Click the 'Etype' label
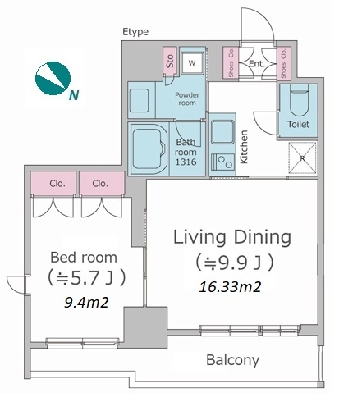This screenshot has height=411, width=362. click(135, 32)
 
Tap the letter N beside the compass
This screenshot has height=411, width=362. click(74, 95)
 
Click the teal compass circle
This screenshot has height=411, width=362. click(53, 78)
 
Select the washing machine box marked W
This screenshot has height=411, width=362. click(192, 63)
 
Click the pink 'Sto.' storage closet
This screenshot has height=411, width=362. click(169, 61)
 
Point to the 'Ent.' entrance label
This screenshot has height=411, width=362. click(257, 64)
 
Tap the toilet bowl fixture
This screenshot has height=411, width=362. click(299, 100)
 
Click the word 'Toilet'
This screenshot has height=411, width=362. click(298, 125)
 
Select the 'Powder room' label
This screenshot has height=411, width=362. click(187, 98)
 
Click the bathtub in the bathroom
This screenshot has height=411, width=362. click(149, 148)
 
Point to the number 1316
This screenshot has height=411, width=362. click(186, 162)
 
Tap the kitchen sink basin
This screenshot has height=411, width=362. click(222, 132)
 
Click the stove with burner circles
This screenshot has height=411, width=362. click(222, 162)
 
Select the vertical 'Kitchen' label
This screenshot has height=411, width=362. click(244, 147)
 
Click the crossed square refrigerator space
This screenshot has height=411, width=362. click(303, 158)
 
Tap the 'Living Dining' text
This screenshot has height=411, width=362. click(232, 238)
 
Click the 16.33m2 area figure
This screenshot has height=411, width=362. click(230, 287)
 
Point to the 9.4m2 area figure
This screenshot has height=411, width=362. click(86, 303)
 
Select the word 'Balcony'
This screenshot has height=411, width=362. click(233, 360)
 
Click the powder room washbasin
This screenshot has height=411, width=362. click(139, 100)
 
